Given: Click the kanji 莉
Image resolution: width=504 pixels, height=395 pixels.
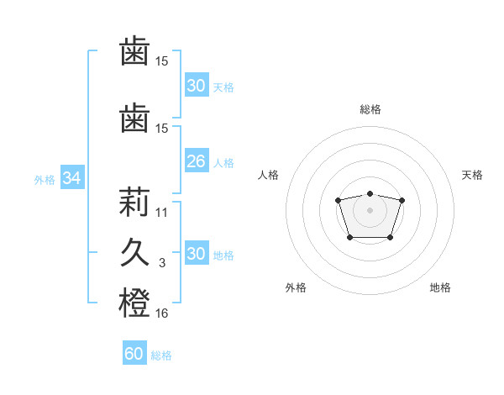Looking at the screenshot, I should tap(134, 202).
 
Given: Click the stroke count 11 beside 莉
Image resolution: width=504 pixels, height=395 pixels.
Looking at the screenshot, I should tap(162, 213).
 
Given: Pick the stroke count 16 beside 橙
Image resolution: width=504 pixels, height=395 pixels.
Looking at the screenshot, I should tap(162, 313).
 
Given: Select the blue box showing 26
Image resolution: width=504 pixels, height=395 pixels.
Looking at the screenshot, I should tap(196, 161).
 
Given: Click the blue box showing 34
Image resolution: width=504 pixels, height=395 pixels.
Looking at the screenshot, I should tap(72, 178).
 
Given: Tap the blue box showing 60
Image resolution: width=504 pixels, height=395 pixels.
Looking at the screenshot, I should tap(134, 354).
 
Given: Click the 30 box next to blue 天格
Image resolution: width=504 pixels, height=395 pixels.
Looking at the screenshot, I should tap(196, 86).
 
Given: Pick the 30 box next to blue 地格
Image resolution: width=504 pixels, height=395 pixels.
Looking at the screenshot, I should tap(196, 254).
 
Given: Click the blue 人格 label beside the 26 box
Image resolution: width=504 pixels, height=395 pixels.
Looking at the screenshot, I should tap(223, 162).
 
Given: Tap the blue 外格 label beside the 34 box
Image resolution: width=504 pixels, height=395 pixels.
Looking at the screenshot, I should tap(45, 179).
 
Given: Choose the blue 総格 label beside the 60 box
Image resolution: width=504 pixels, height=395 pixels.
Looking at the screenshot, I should tap(161, 355).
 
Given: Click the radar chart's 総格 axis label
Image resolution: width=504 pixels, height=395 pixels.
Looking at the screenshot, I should tap(370, 109).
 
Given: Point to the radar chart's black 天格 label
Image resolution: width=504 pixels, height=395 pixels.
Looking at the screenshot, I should tap(472, 175).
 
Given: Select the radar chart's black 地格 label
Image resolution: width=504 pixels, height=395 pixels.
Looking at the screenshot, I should tap(440, 287).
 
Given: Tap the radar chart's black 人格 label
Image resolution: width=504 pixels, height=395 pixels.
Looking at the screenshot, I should tap(269, 175).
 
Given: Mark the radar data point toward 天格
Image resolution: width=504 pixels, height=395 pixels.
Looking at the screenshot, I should tap(402, 200).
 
